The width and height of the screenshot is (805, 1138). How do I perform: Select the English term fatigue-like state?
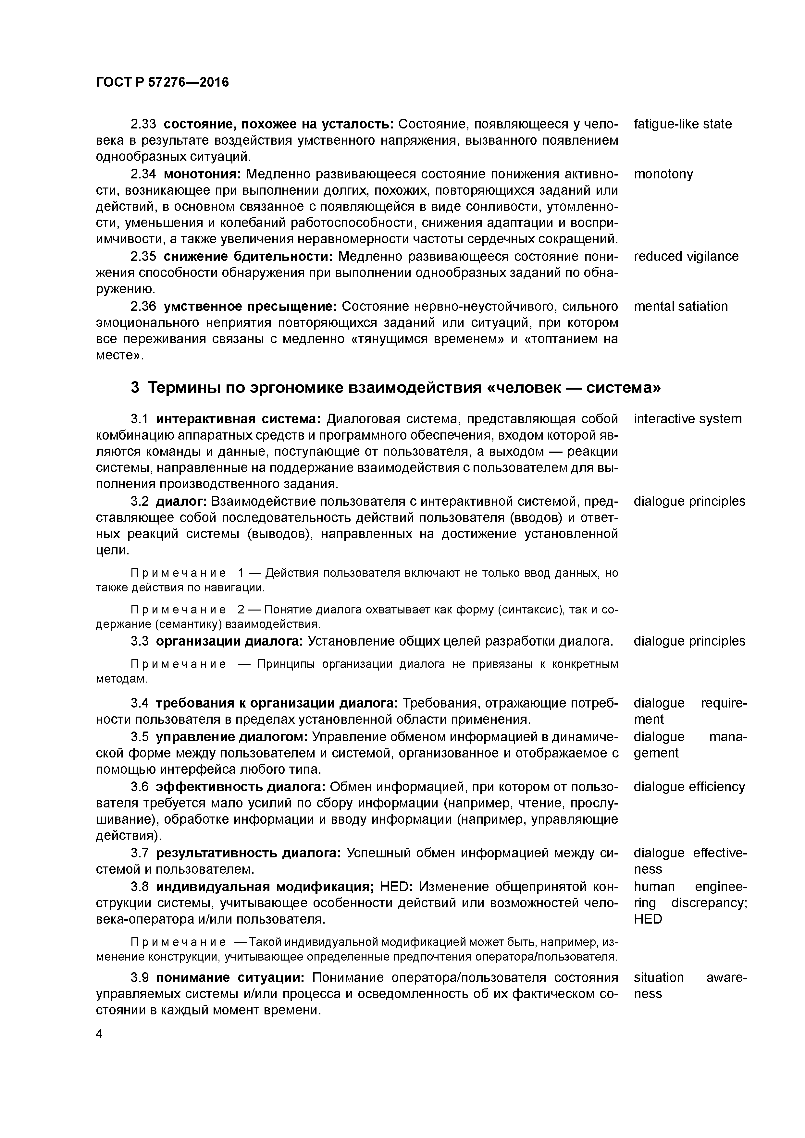pyautogui.click(x=683, y=124)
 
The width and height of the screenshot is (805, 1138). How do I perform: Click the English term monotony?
pyautogui.click(x=663, y=174)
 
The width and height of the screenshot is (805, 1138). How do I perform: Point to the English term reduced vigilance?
pyautogui.click(x=686, y=256)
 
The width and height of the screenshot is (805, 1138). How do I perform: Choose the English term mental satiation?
pyautogui.click(x=680, y=306)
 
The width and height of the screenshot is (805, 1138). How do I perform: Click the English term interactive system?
pyautogui.click(x=687, y=419)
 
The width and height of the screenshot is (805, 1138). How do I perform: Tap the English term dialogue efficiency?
pyautogui.click(x=689, y=787)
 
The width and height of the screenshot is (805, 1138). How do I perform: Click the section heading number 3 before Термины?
pyautogui.click(x=135, y=387)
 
